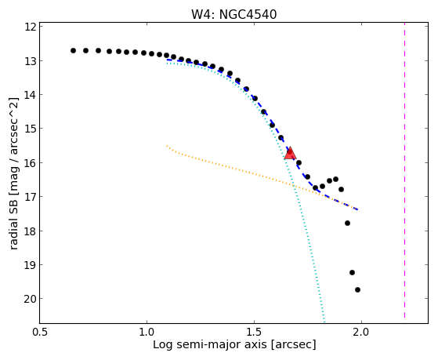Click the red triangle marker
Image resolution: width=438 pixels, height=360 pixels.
pos(290,153)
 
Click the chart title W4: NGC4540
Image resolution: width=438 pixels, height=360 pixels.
pos(233,14)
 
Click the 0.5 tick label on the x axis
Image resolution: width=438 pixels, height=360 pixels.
pos(40,332)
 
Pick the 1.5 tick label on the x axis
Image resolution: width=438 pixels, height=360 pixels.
pos(254,332)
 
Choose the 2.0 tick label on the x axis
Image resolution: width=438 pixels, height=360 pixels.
pos(361,332)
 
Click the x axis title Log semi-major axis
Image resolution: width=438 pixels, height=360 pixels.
pos(210,344)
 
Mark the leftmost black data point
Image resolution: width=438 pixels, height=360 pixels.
pos(73,51)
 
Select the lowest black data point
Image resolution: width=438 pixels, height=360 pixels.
pos(357,289)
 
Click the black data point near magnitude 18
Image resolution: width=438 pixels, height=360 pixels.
pos(347,224)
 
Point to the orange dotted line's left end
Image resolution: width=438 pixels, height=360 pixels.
pos(167,146)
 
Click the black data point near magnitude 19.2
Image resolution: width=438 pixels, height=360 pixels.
pos(353,272)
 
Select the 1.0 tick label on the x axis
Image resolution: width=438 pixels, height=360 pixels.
pos(147,332)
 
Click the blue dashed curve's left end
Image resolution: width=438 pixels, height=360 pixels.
pos(167,60)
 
